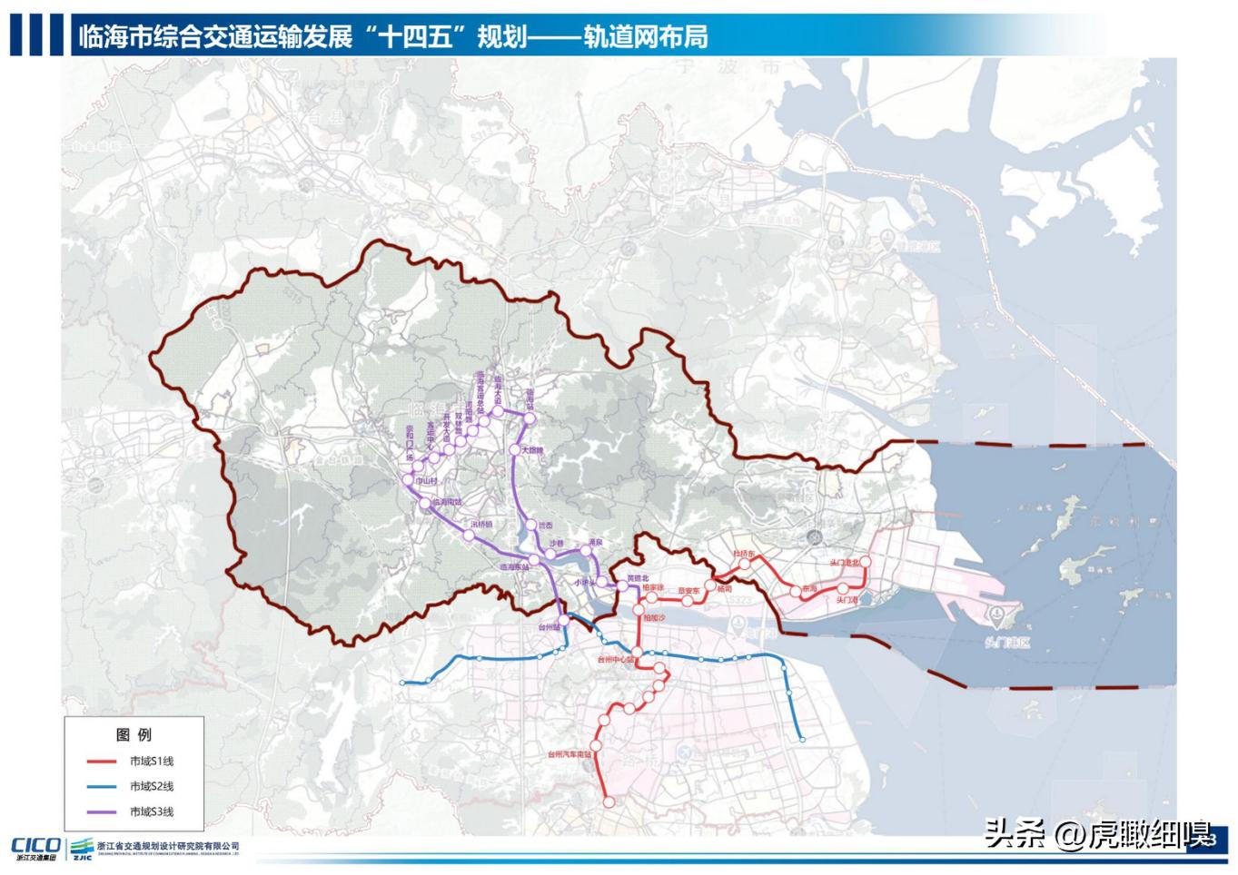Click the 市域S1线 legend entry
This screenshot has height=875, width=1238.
[x=151, y=762]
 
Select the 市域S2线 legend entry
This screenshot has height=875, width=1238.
[x=151, y=787]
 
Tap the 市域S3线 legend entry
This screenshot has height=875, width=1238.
[x=151, y=812]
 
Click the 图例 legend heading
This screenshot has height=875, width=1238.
[x=134, y=735]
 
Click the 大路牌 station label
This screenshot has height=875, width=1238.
[x=531, y=450]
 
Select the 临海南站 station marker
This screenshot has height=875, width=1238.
[x=424, y=502]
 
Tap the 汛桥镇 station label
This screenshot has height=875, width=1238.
[x=481, y=525]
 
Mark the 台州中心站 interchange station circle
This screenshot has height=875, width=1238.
[x=638, y=654]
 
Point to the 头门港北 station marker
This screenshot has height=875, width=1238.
[x=864, y=563]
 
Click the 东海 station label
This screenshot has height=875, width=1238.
[x=809, y=590]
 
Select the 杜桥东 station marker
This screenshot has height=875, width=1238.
[x=745, y=564]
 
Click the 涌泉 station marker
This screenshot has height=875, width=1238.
[x=587, y=551]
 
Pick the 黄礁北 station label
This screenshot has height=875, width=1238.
[x=639, y=578]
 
